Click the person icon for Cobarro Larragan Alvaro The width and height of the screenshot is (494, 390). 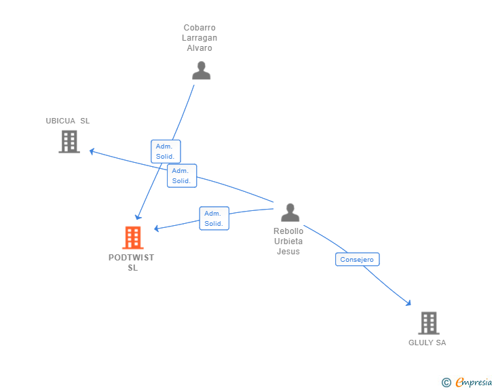(x=202, y=71)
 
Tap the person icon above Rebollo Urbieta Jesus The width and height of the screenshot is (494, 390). (x=290, y=212)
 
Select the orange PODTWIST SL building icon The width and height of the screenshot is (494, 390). (x=133, y=237)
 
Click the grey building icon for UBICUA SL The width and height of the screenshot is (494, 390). (x=69, y=142)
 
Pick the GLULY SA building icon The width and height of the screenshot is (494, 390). (x=429, y=323)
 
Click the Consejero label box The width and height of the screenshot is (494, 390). (x=357, y=259)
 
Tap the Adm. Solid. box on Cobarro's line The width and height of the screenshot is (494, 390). (x=166, y=151)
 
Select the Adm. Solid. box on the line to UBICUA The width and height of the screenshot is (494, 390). (x=182, y=176)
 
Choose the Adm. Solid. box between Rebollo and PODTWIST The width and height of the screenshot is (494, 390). (x=214, y=218)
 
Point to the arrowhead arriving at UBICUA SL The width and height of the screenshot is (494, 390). (x=92, y=151)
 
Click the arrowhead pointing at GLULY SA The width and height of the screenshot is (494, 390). (x=408, y=303)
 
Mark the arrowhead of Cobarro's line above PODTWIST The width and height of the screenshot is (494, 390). (x=138, y=217)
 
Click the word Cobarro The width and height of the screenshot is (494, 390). (x=199, y=28)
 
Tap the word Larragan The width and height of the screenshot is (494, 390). (x=199, y=38)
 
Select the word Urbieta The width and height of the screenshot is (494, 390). (x=288, y=241)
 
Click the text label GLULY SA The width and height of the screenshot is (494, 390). (x=427, y=343)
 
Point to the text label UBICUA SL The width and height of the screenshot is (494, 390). (x=68, y=121)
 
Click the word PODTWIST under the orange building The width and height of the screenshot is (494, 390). (x=132, y=258)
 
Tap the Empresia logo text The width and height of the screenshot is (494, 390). (x=474, y=382)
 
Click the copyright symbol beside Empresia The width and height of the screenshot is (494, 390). (x=446, y=383)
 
